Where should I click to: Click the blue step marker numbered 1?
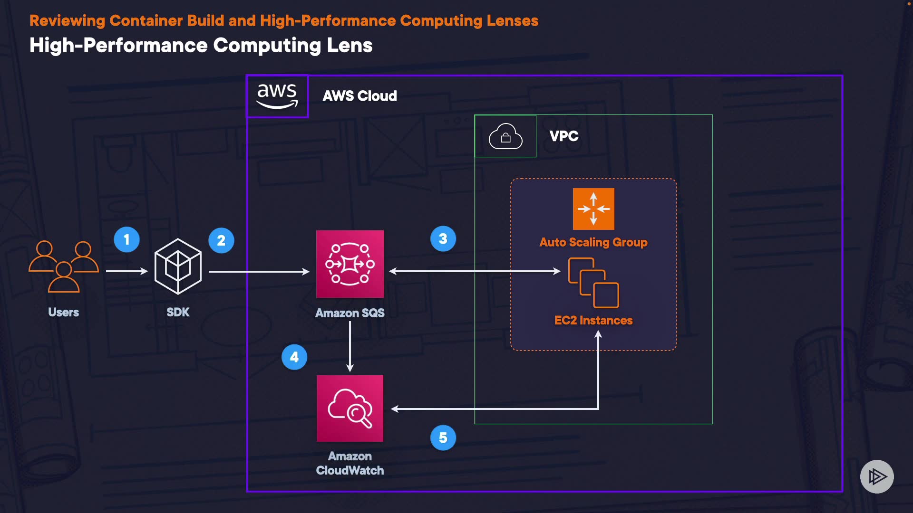tap(126, 239)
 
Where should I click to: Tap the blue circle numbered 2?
tap(221, 240)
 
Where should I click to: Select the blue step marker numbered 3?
tap(443, 238)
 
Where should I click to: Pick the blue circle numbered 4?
tap(294, 357)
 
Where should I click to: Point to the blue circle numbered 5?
tap(443, 437)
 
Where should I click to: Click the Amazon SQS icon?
tap(350, 264)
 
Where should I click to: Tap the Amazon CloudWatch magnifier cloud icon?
tap(350, 408)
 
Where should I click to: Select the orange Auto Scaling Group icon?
tap(593, 209)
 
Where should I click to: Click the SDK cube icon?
tap(178, 266)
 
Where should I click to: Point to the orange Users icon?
tap(64, 266)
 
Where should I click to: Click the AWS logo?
tap(277, 96)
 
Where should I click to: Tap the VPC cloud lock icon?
tap(505, 136)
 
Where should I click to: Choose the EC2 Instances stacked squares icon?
tap(593, 283)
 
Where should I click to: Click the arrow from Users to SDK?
tap(126, 271)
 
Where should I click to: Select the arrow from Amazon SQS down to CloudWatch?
tap(350, 347)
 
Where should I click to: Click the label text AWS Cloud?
tap(359, 96)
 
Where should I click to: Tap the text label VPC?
tap(564, 136)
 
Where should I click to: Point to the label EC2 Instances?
tap(593, 320)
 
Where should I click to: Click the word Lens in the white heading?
tap(350, 46)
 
